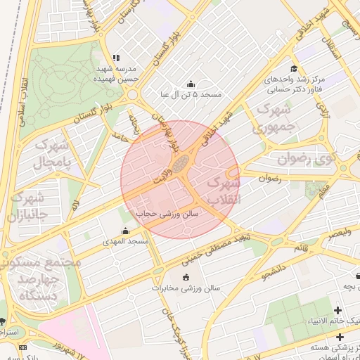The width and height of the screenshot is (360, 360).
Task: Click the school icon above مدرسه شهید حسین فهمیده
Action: [x=116, y=58]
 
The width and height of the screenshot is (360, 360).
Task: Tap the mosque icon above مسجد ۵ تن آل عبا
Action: [x=190, y=84]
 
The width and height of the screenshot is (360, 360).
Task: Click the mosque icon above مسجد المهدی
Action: [x=126, y=231]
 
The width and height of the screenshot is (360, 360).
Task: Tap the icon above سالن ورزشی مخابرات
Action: [x=186, y=277]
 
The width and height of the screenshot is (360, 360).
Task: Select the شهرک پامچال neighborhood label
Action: [x=58, y=156]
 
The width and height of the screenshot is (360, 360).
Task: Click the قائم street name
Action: [x=300, y=247]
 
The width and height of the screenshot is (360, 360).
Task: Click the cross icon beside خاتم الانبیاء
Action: [x=338, y=310]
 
